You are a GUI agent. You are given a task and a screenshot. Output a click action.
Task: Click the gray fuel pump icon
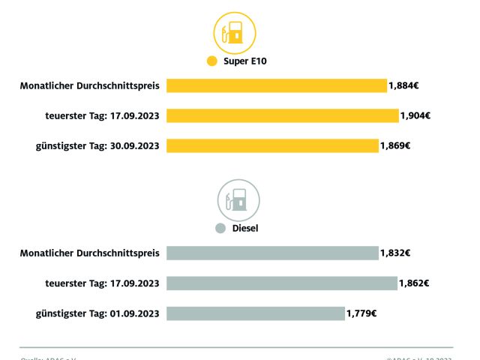click(x=238, y=199)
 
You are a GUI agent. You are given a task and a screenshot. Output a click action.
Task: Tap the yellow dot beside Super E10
click(x=211, y=61)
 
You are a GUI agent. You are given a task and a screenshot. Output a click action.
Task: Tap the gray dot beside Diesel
click(x=220, y=228)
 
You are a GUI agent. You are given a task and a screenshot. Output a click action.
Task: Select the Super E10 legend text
click(x=245, y=61)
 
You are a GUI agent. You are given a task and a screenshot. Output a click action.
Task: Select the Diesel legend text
click(x=244, y=228)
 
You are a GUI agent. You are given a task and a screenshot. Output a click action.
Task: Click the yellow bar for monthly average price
click(x=276, y=85)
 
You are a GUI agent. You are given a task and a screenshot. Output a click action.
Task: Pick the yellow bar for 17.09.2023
click(x=282, y=115)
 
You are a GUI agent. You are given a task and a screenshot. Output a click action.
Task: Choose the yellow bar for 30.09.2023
click(x=272, y=145)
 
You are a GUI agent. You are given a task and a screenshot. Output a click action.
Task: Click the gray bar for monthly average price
click(x=272, y=253)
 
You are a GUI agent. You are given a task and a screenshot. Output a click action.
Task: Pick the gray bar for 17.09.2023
click(x=281, y=283)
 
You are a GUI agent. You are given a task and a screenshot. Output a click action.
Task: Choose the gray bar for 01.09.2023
click(x=256, y=313)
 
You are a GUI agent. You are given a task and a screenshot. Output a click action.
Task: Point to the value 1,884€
click(x=403, y=85)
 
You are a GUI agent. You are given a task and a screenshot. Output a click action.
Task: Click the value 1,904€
click(x=415, y=115)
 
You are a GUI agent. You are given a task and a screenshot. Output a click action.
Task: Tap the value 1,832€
click(x=395, y=253)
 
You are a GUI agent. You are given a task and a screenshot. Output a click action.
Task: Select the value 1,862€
click(x=413, y=283)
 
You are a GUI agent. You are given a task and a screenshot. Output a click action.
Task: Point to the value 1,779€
click(x=361, y=313)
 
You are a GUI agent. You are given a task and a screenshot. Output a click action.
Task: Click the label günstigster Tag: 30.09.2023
click(x=97, y=145)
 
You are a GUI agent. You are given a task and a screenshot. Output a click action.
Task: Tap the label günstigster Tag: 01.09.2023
click(x=97, y=313)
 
